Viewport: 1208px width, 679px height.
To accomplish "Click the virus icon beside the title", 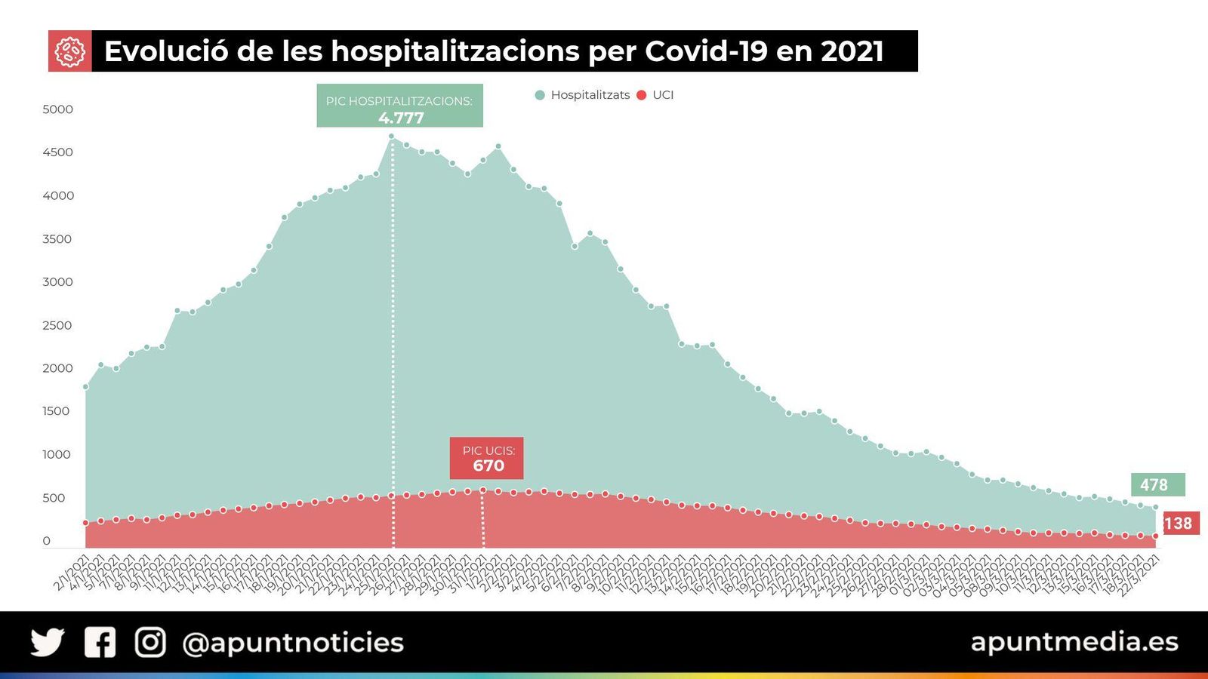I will pos(69,51).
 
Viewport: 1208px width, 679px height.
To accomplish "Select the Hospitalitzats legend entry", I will pos(582,95).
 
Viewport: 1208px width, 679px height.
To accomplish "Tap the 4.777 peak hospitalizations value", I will pos(401,118).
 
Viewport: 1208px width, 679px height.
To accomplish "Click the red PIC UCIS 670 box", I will pos(486,459).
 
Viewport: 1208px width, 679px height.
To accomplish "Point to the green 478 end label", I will pos(1157,484).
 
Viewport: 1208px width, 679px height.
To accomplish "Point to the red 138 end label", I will pos(1179,523).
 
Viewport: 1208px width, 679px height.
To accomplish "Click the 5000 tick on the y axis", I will pos(58,109).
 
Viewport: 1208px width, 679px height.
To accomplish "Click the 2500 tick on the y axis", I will pos(58,325).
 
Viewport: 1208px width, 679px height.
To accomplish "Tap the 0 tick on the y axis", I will pos(47,541).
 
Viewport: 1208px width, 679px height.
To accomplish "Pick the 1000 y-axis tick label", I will pos(57,454).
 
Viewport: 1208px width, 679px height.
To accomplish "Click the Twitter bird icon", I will pos(48,643).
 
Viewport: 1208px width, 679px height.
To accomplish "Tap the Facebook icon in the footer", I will pos(100,643).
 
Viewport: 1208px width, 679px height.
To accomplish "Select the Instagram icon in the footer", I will pos(150,643).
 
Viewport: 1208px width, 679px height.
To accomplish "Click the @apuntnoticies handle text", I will pos(293,643).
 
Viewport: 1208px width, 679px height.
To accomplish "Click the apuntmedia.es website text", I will pos(1074,641).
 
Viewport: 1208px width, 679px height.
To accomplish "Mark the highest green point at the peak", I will pos(391,137).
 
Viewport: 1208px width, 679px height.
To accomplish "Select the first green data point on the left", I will pos(85,387).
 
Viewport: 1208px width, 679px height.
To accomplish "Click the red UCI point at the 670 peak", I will pos(483,490).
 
